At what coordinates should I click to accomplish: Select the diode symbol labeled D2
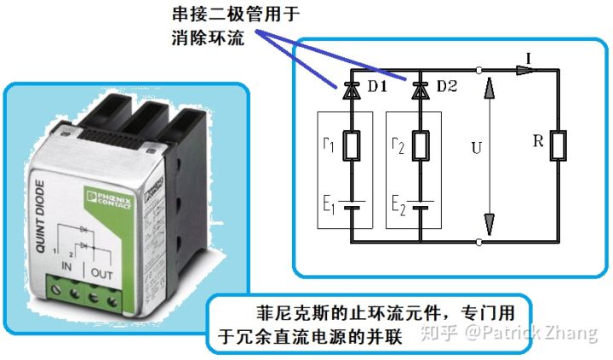(x=418, y=88)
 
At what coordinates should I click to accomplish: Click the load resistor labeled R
(x=559, y=146)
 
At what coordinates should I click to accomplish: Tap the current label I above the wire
(x=530, y=57)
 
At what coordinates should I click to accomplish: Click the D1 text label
(x=375, y=87)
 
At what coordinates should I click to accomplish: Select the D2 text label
(x=446, y=87)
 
